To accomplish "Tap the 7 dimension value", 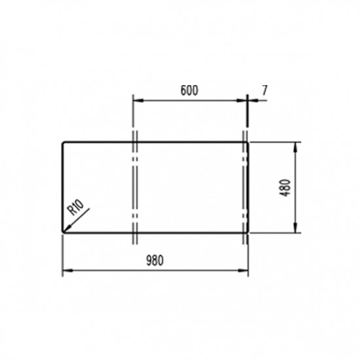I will pyautogui.click(x=264, y=90).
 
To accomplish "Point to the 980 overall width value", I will pyautogui.click(x=154, y=260).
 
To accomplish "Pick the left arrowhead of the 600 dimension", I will pyautogui.click(x=136, y=100).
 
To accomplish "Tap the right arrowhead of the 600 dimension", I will pyautogui.click(x=243, y=100).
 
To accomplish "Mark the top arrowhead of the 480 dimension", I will pyautogui.click(x=297, y=146).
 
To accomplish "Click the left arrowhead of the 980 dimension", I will pyautogui.click(x=65, y=270).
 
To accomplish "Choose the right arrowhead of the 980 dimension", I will pyautogui.click(x=245, y=270).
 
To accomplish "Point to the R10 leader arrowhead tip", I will pyautogui.click(x=63, y=230).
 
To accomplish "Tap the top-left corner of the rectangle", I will pyautogui.click(x=62, y=142).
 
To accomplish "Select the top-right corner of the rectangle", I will pyautogui.click(x=247, y=142).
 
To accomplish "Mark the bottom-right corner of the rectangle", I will pyautogui.click(x=247, y=232).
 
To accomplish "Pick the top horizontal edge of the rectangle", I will pyautogui.click(x=190, y=142).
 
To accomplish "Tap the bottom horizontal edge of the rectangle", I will pyautogui.click(x=190, y=232).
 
